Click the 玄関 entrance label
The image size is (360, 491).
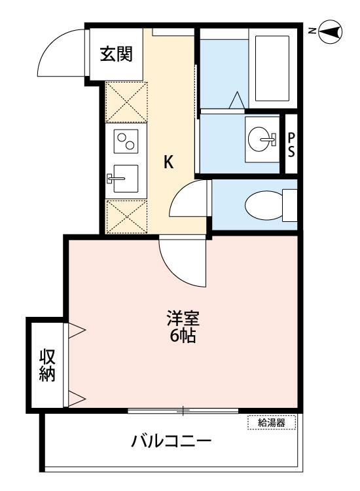(117, 54)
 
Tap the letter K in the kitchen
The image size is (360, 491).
(169, 162)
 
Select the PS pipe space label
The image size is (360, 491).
(291, 145)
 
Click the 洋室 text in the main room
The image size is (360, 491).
(183, 318)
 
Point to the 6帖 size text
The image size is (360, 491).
(183, 335)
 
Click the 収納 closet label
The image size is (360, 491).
(47, 365)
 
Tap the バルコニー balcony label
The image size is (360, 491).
(171, 441)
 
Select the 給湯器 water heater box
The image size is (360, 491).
(272, 423)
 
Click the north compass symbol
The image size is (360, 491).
(331, 31)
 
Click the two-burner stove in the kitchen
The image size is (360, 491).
(126, 141)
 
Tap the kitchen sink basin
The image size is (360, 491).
(126, 179)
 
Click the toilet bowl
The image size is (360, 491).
(264, 206)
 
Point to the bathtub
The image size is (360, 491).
(272, 69)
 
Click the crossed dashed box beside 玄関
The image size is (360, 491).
(126, 101)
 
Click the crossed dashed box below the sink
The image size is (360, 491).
(126, 217)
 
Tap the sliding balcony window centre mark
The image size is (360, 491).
(183, 410)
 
